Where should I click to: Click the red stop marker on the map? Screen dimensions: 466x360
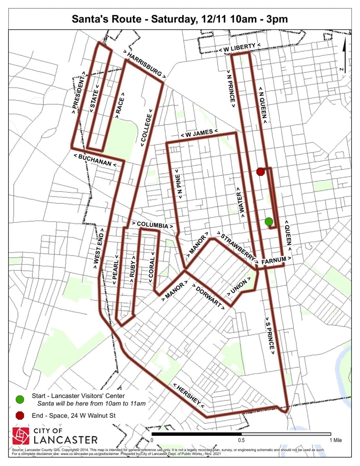coord(260,172)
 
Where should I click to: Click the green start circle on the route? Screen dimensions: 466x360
coord(269,221)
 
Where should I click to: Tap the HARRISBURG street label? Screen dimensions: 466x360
coord(145,64)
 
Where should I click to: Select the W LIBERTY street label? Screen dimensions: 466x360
coord(239,48)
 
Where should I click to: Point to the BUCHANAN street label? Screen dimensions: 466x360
coord(95,160)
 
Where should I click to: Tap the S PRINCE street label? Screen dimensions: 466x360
coord(270,335)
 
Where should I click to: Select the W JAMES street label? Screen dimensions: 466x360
coord(199,133)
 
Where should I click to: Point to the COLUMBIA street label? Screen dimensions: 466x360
coord(152,225)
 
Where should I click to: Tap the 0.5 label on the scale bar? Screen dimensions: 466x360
coord(241,440)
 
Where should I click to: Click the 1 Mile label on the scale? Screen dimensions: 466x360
coord(336,440)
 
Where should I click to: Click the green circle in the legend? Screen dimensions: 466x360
coord(20,399)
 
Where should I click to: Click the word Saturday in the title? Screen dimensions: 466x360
coord(176,19)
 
